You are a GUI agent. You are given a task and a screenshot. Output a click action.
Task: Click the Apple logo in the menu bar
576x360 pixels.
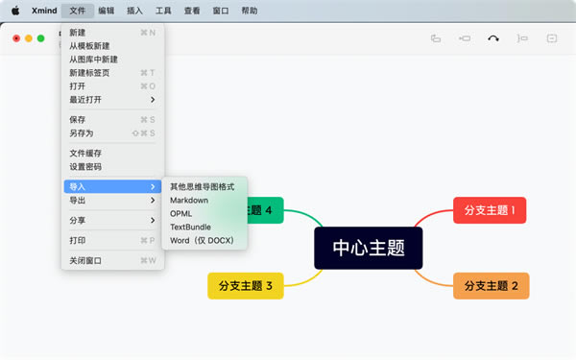[15, 11]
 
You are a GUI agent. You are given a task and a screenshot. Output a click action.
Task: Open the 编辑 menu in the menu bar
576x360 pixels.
[106, 11]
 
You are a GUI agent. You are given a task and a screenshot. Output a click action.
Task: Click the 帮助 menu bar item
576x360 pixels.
[249, 11]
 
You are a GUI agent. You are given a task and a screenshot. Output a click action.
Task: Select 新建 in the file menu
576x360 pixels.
[77, 33]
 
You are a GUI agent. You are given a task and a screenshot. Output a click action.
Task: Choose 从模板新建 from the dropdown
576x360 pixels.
[88, 46]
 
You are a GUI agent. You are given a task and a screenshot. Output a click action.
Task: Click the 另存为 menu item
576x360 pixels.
[82, 133]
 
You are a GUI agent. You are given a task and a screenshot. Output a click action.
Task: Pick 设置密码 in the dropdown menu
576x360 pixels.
[85, 166]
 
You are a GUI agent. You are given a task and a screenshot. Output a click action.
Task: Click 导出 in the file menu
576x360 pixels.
[78, 201]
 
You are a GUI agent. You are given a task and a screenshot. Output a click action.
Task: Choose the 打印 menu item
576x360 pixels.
[78, 240]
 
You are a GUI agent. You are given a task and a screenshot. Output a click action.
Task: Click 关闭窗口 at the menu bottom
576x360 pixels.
[85, 260]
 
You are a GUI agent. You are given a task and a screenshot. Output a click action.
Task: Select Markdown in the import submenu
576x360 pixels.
[189, 200]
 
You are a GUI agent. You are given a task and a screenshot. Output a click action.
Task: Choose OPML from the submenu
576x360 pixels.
[180, 213]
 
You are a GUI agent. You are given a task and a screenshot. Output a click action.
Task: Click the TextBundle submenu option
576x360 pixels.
[190, 227]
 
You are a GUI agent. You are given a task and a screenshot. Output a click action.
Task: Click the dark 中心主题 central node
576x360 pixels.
[369, 248]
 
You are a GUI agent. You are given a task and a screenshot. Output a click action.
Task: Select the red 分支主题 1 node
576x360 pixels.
[490, 210]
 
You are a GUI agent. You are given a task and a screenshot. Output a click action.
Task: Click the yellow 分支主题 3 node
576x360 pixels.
[245, 285]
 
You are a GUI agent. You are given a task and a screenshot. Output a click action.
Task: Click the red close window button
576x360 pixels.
[16, 38]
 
